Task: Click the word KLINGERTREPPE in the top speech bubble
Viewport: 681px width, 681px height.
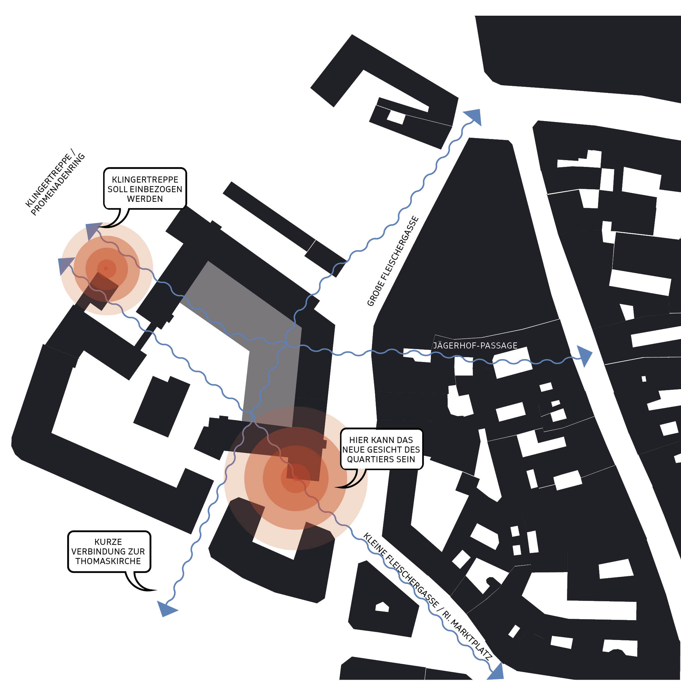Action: click(145, 180)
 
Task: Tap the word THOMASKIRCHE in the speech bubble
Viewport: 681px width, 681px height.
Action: click(108, 561)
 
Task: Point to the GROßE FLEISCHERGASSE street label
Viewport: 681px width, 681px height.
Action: click(393, 262)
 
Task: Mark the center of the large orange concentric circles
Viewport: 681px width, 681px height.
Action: click(295, 478)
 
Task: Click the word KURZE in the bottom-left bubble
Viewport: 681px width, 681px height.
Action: click(108, 542)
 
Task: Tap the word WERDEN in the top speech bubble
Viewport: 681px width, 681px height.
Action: click(145, 199)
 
